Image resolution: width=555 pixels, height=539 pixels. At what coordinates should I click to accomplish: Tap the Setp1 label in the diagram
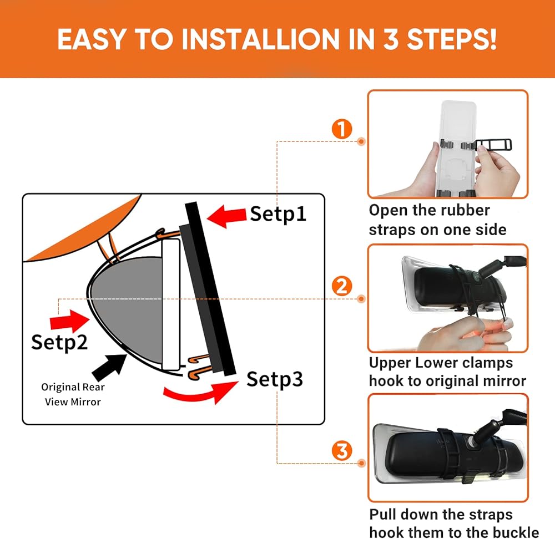[278, 214]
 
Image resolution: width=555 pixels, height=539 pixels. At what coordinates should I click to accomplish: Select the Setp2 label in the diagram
[59, 342]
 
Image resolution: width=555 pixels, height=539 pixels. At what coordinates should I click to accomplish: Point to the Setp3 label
[275, 379]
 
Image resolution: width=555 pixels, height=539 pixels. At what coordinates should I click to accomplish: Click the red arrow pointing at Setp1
[226, 216]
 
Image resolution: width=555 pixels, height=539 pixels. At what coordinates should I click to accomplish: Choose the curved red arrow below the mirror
[200, 393]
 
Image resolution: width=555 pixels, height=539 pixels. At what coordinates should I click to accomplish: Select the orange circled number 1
[341, 129]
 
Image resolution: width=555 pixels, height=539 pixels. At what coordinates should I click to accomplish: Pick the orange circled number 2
[341, 286]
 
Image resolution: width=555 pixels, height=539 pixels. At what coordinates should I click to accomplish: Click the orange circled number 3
[341, 451]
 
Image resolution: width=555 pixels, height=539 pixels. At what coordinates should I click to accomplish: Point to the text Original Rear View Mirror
[73, 394]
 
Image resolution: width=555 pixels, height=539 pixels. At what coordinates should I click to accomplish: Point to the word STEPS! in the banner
[452, 39]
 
